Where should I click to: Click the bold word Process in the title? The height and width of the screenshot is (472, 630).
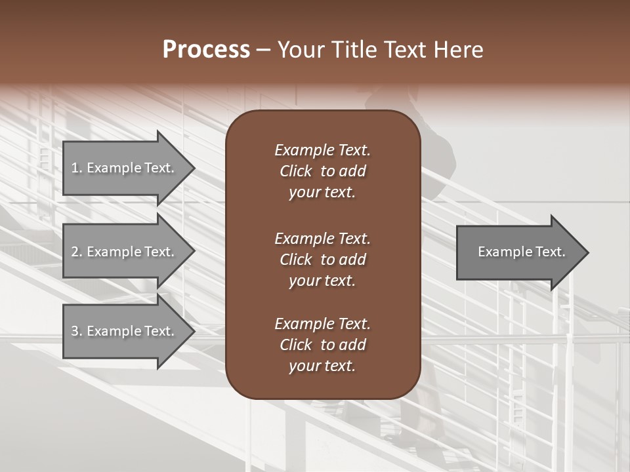[206, 50]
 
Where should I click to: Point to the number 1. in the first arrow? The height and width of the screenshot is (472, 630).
[77, 168]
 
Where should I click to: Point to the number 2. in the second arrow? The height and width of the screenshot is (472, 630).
[77, 252]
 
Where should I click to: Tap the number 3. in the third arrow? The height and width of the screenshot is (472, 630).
[77, 331]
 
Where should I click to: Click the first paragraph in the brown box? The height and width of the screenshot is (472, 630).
[322, 171]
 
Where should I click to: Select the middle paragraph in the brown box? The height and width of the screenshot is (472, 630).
[322, 259]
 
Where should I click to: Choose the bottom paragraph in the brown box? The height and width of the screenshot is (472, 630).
[322, 345]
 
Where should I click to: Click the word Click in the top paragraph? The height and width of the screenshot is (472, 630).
[295, 171]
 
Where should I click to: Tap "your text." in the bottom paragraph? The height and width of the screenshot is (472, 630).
[322, 366]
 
